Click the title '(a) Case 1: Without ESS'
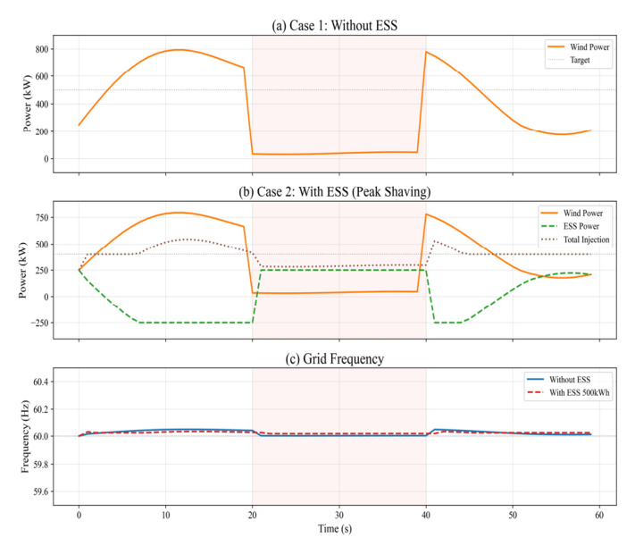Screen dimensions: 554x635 334,26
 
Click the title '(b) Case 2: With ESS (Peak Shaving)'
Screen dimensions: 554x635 334,191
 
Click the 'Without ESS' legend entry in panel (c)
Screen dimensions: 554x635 582,379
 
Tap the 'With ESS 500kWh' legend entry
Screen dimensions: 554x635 588,392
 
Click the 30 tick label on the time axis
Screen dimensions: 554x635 338,516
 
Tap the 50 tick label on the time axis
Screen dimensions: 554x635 512,516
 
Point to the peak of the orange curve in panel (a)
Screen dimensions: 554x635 179,50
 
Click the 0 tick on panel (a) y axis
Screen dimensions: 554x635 43,159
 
